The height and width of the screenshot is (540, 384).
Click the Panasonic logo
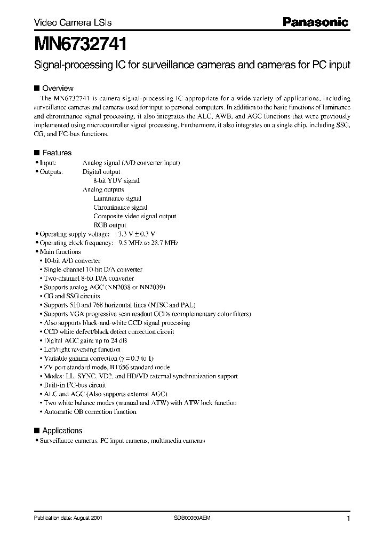[315, 22]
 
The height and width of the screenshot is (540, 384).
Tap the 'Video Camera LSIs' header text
[65, 23]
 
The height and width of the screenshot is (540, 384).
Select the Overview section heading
[58, 89]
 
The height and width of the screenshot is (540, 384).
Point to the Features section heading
[57, 153]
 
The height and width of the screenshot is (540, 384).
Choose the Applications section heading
[62, 431]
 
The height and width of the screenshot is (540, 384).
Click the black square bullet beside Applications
[37, 431]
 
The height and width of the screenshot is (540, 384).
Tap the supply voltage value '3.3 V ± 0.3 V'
[136, 234]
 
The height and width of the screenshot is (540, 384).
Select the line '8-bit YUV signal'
[116, 181]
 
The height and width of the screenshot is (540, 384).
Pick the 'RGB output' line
[110, 225]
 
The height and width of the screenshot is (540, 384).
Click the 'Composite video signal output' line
[134, 216]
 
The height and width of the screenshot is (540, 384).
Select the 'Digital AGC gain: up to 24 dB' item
[85, 340]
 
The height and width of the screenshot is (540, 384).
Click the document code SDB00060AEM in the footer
[193, 518]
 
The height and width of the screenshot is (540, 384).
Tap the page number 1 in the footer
[348, 519]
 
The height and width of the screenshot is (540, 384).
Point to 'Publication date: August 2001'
[68, 518]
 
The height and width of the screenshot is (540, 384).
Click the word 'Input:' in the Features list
[48, 163]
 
